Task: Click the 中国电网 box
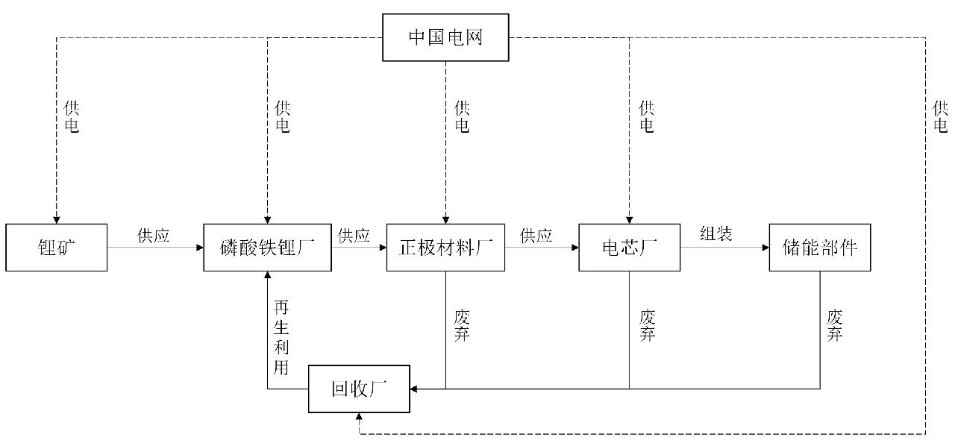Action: tap(445, 37)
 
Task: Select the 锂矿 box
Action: tap(56, 247)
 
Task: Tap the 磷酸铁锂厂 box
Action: tap(268, 247)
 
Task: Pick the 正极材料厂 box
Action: tap(445, 247)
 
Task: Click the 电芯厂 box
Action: tap(629, 247)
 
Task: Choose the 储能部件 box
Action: tap(820, 247)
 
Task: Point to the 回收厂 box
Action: tap(360, 389)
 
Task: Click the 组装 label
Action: tap(716, 234)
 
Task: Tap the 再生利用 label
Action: tap(281, 337)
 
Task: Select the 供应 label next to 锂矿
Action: tap(154, 236)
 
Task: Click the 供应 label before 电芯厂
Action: tap(536, 236)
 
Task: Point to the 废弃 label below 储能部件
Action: tap(834, 326)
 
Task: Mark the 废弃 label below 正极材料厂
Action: tap(462, 326)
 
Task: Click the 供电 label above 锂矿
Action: tap(72, 117)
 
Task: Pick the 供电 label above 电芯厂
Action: tap(647, 117)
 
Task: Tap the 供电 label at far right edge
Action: tap(940, 117)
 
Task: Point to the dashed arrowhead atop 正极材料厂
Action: tap(445, 219)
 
